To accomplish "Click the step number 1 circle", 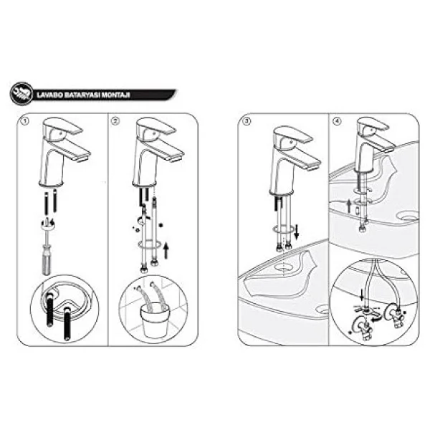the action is (x=25, y=121).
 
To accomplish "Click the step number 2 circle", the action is (x=115, y=121).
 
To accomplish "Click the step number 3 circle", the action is (x=247, y=121).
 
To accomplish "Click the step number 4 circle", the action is (x=337, y=121).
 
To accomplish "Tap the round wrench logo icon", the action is (x=21, y=94).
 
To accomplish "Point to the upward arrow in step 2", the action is (x=166, y=251).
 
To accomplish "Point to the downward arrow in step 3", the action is (x=297, y=232).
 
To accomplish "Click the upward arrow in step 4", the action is (x=349, y=206).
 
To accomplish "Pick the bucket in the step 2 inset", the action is (x=154, y=320).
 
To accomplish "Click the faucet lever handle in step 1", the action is (x=62, y=126).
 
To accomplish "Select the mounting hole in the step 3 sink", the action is (x=284, y=267).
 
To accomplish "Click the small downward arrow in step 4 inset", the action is (x=362, y=295).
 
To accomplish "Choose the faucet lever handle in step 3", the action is (x=293, y=135).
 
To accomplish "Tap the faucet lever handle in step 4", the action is (x=373, y=125).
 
